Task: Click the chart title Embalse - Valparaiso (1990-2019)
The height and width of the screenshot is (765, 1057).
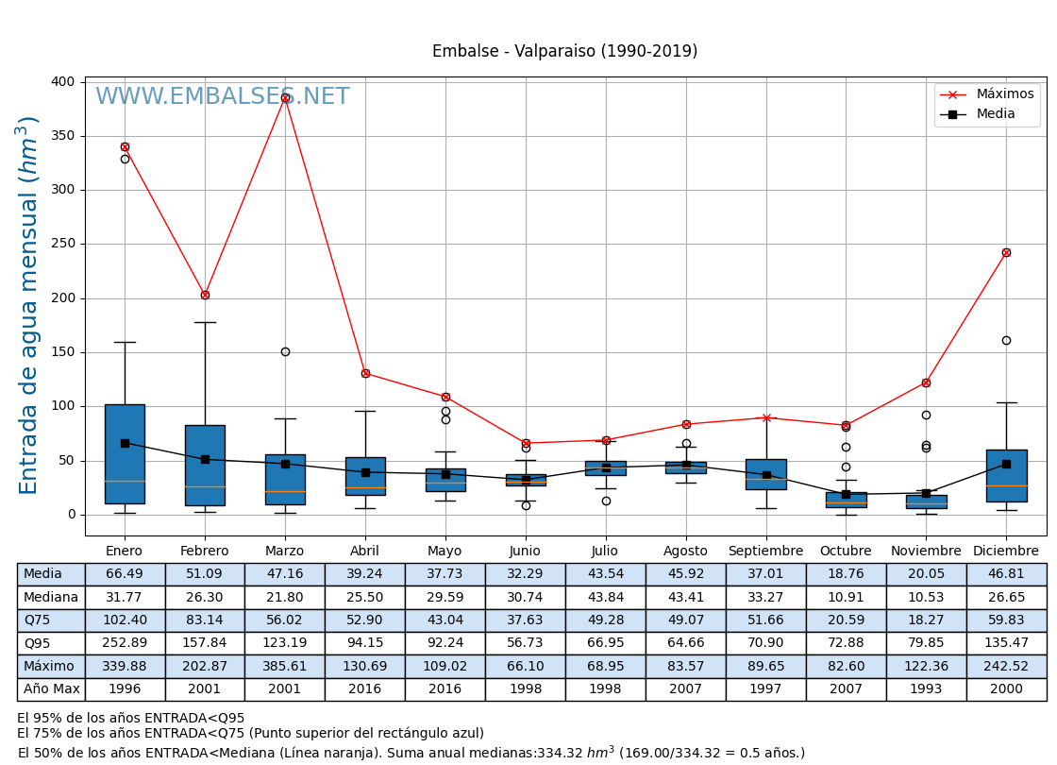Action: coord(564,52)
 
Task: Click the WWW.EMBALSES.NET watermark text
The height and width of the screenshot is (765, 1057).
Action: coord(222,97)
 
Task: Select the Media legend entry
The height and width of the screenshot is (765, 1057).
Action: coord(996,114)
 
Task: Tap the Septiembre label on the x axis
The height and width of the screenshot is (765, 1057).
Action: coord(765,552)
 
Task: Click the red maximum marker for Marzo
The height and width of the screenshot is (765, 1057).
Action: coord(285,97)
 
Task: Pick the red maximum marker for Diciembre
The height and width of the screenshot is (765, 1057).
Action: coord(1006,252)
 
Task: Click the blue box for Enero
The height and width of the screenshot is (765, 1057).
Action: coord(125,453)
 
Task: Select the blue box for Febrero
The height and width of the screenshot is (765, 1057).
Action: coord(205,465)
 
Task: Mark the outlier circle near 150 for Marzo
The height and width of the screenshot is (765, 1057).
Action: coord(285,351)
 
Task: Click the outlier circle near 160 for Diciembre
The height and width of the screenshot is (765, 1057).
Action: coord(1006,340)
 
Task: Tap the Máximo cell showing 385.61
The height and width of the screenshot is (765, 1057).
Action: coord(284,667)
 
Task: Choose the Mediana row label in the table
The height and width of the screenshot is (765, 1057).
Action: coord(51,598)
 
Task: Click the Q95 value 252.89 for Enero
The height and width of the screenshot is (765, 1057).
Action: coord(124,644)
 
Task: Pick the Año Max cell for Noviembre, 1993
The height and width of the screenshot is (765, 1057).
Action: coord(926,689)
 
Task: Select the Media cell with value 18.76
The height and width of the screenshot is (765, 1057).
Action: coord(846,574)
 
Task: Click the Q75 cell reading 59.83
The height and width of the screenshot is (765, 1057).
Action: coord(1006,620)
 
